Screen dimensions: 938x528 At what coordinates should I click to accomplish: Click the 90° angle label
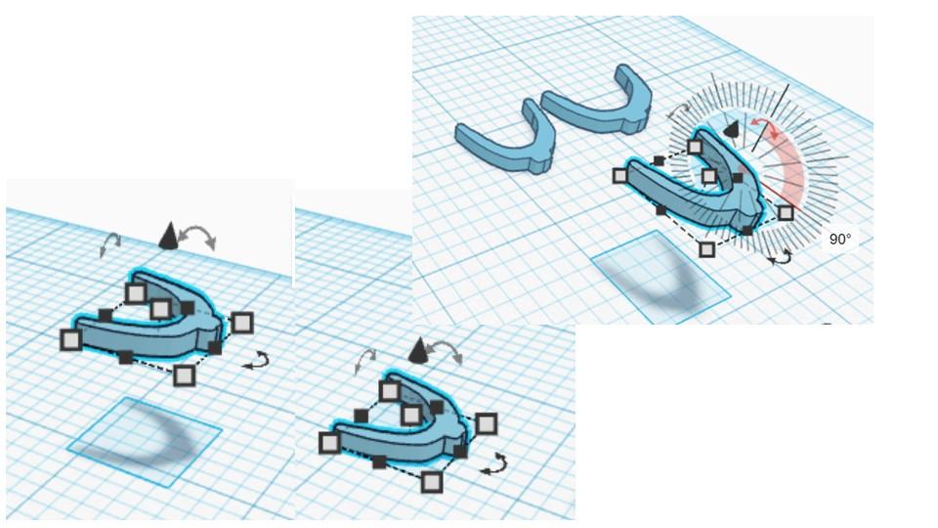840,240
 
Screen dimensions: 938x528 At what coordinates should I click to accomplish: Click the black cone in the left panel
169,236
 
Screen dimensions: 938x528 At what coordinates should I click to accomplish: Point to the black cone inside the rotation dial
731,129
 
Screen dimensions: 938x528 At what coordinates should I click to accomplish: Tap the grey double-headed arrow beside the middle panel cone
446,351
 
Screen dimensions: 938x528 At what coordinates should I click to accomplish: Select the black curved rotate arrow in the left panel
257,361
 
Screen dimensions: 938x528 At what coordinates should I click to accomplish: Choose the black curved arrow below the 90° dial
780,258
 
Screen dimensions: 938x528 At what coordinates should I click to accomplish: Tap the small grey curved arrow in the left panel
110,244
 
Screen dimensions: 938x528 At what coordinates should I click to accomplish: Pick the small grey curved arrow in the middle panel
365,361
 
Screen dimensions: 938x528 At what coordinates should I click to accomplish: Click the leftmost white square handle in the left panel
71,339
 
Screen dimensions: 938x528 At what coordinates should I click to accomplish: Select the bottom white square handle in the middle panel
432,482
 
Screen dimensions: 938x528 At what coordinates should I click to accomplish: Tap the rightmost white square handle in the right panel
786,212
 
